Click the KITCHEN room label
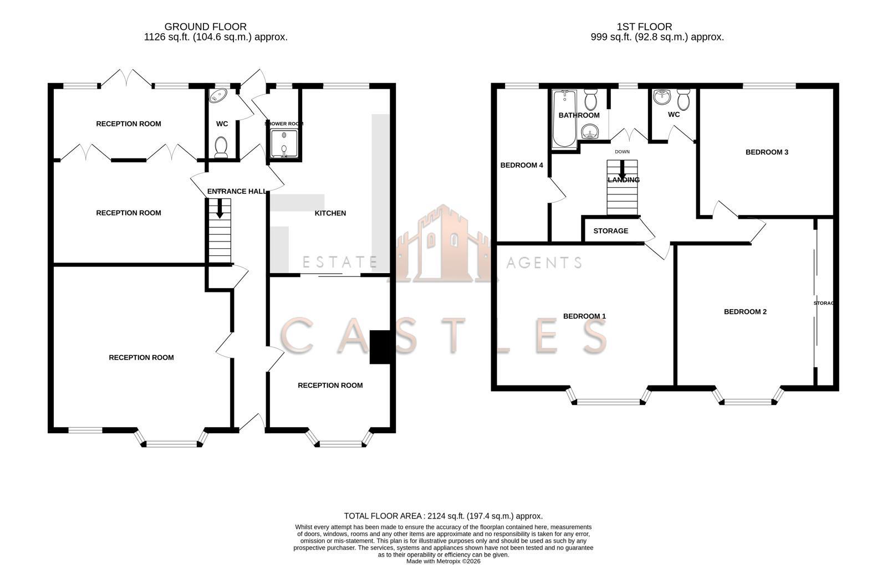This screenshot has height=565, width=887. [330, 213]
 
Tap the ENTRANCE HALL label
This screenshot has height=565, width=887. [237, 192]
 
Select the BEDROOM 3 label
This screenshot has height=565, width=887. [767, 152]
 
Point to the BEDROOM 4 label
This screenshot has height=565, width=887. [521, 165]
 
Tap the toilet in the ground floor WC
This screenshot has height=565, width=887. [221, 147]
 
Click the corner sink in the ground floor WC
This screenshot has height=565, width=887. [216, 97]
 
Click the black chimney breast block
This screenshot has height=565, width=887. [380, 347]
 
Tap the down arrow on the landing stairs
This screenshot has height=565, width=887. [623, 171]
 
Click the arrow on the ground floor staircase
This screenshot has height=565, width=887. [220, 209]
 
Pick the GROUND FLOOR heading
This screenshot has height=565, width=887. [205, 27]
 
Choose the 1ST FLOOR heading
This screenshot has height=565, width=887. [644, 27]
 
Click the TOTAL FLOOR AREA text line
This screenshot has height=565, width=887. [443, 516]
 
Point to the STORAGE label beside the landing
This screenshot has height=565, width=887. [610, 231]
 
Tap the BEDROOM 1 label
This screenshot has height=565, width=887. [584, 316]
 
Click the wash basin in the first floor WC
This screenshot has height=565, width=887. [662, 98]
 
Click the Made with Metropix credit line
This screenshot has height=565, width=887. [443, 561]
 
